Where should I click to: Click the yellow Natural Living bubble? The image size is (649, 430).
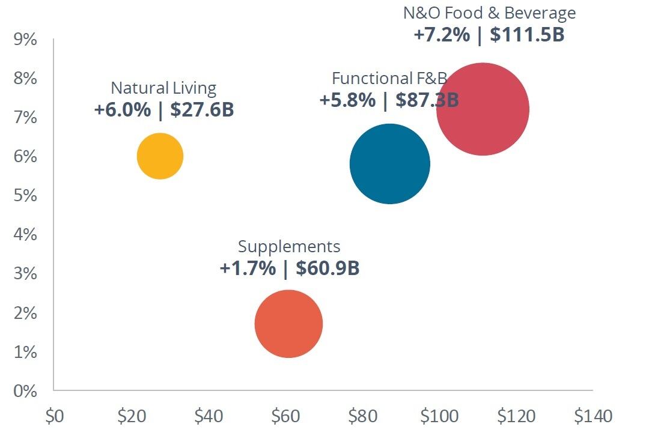click(160, 156)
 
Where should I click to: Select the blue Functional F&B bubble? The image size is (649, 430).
click(389, 164)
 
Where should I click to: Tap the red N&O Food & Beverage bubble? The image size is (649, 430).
click(483, 109)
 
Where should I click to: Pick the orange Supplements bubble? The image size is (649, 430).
click(288, 324)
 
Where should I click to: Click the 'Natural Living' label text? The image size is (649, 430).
click(163, 88)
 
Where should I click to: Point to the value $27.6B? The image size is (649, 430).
click(202, 111)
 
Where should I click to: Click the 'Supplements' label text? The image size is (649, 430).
click(289, 246)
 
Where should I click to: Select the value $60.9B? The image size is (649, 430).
click(328, 268)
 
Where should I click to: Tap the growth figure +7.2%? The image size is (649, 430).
click(441, 35)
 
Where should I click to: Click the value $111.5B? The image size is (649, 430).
click(527, 35)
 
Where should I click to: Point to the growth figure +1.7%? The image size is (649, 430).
click(248, 268)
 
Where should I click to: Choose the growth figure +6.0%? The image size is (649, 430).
click(122, 111)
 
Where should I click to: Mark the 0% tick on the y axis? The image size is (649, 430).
click(25, 391)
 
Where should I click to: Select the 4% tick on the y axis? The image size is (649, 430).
click(25, 235)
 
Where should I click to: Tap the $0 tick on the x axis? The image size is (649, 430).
click(54, 416)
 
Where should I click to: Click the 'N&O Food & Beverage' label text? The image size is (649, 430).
click(489, 13)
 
